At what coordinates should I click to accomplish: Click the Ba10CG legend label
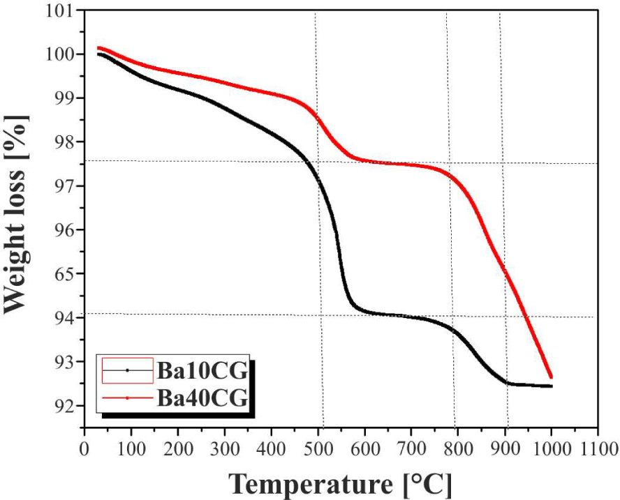(x=202, y=370)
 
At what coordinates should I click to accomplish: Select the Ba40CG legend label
(x=202, y=398)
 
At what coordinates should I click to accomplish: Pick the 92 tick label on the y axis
(x=61, y=406)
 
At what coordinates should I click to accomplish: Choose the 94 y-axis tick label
(x=61, y=318)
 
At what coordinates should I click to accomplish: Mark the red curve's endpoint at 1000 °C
(x=551, y=377)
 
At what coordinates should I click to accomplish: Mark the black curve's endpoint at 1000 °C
(x=551, y=386)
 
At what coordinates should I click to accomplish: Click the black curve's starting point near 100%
(x=99, y=54)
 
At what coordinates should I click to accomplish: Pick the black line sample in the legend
(x=128, y=370)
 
